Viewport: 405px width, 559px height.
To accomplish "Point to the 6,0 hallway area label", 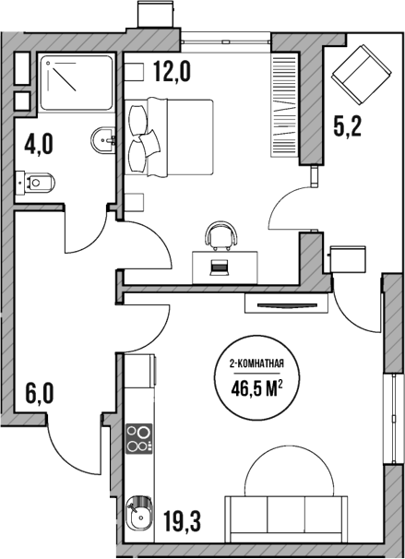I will pyautogui.click(x=40, y=395).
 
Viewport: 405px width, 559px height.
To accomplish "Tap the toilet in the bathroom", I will pyautogui.click(x=34, y=184).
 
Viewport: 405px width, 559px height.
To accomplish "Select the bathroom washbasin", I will pyautogui.click(x=102, y=141).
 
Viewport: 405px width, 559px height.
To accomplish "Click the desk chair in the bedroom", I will pyautogui.click(x=220, y=236).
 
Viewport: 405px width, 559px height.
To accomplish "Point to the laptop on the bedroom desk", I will pyautogui.click(x=220, y=268).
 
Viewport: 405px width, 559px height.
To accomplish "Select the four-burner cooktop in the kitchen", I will pyautogui.click(x=138, y=439).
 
